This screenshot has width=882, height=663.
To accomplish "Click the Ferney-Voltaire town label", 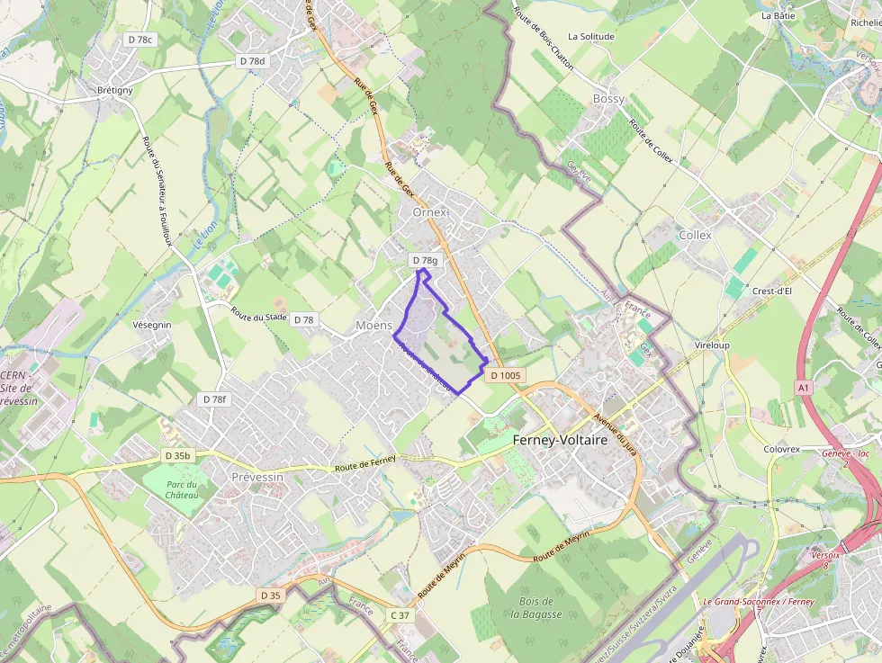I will [x=560, y=442].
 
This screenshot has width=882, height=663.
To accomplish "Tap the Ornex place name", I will [x=429, y=212].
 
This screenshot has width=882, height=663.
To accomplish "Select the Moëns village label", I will [x=374, y=324].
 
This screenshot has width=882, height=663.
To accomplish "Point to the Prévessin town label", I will [x=257, y=477].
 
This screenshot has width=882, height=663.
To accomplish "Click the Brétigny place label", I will [x=114, y=90].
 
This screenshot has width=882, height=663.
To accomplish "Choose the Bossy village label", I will [x=608, y=98].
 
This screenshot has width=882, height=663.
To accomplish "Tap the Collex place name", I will [x=695, y=235].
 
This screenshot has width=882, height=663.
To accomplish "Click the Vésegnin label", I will [x=151, y=325].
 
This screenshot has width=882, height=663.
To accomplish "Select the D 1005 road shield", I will [x=507, y=375].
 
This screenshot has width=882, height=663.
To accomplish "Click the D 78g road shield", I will [x=425, y=260].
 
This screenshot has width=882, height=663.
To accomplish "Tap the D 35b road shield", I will [x=178, y=456].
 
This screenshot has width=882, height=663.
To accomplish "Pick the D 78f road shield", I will [x=215, y=399].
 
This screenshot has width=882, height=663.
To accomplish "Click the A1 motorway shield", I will [x=804, y=387].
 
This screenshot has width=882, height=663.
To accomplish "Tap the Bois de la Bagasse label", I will [x=535, y=608].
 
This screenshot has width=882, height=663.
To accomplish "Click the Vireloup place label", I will [x=712, y=345].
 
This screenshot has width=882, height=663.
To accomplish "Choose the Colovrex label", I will [x=781, y=448].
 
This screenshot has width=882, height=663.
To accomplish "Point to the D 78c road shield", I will [x=141, y=40].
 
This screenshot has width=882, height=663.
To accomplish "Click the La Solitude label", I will [x=590, y=37].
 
